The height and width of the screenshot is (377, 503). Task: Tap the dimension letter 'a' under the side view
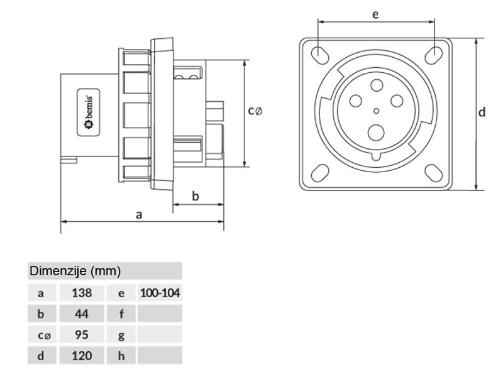click(139, 214)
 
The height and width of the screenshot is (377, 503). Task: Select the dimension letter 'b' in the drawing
click(196, 197)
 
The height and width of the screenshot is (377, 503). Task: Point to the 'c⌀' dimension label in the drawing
click(255, 111)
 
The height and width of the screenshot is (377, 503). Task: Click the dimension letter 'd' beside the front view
click(481, 112)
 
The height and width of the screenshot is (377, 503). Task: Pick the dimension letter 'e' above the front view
click(375, 14)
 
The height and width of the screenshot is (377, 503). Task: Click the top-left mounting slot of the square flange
click(319, 55)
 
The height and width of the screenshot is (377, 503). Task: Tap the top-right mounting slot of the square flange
click(433, 55)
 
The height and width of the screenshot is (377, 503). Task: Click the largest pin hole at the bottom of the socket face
click(376, 131)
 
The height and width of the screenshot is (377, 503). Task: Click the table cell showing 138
click(82, 293)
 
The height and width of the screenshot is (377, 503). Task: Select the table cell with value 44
click(82, 314)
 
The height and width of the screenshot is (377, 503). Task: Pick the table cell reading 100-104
click(160, 293)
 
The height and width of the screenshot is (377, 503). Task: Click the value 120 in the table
click(82, 356)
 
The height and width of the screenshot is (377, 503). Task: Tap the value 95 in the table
click(82, 335)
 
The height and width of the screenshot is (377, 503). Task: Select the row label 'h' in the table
click(121, 356)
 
